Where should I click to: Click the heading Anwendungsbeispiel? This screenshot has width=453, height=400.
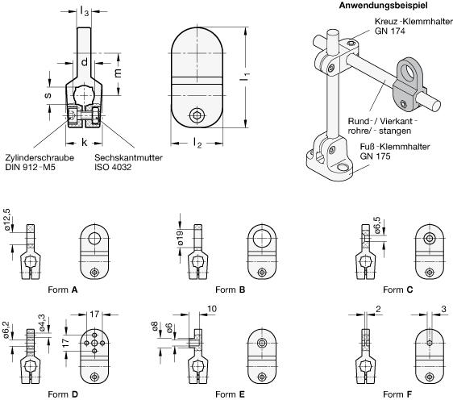pyautogui.click(x=383, y=6)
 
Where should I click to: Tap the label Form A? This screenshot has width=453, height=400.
pyautogui.click(x=63, y=290)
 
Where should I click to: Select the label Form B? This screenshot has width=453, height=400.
pyautogui.click(x=231, y=290)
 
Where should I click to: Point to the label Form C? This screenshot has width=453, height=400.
pyautogui.click(x=398, y=290)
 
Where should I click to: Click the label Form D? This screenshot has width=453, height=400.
pyautogui.click(x=63, y=394)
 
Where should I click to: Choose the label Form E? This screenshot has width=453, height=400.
pyautogui.click(x=230, y=394)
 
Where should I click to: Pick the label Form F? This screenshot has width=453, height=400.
pyautogui.click(x=397, y=394)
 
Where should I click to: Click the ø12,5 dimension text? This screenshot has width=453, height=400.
pyautogui.click(x=7, y=219)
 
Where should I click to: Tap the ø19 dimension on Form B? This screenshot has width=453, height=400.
pyautogui.click(x=180, y=238)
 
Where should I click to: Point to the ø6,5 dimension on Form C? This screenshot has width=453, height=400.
pyautogui.click(x=377, y=225)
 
